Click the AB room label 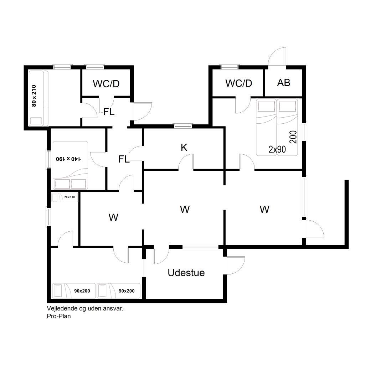click(x=283, y=82)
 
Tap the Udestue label click(x=186, y=273)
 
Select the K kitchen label click(x=184, y=147)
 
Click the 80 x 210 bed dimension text click(x=34, y=96)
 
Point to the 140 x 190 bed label click(x=68, y=159)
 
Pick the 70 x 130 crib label click(x=70, y=197)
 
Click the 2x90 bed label click(x=277, y=149)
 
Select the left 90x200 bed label click(x=82, y=291)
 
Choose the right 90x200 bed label click(x=127, y=291)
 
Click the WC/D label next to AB click(x=238, y=83)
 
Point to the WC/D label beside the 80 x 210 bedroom click(x=106, y=83)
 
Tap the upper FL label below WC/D click(x=109, y=112)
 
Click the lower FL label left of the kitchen click(x=124, y=159)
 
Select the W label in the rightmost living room click(x=264, y=209)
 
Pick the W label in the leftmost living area click(x=113, y=217)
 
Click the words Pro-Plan click(x=59, y=316)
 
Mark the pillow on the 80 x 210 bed click(x=36, y=121)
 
